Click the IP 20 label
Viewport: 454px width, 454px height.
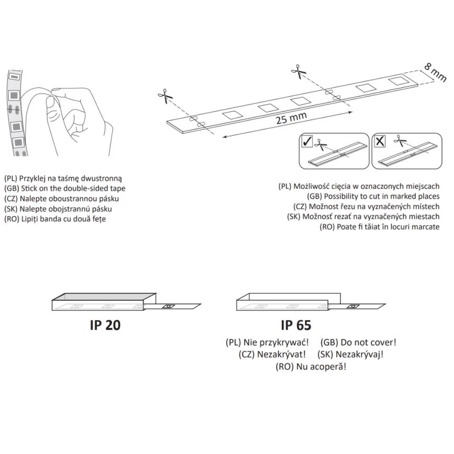coord(104,325)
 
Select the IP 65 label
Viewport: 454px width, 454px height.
coord(296,325)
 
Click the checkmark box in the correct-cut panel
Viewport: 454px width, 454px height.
coord(306,141)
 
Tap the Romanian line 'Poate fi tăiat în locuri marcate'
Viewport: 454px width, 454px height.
coord(379,226)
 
